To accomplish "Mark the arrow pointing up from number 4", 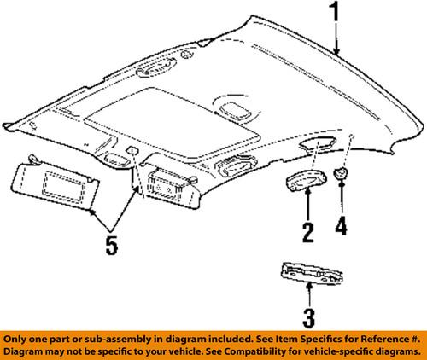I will [342, 200].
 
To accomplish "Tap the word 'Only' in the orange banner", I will [19, 338].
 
